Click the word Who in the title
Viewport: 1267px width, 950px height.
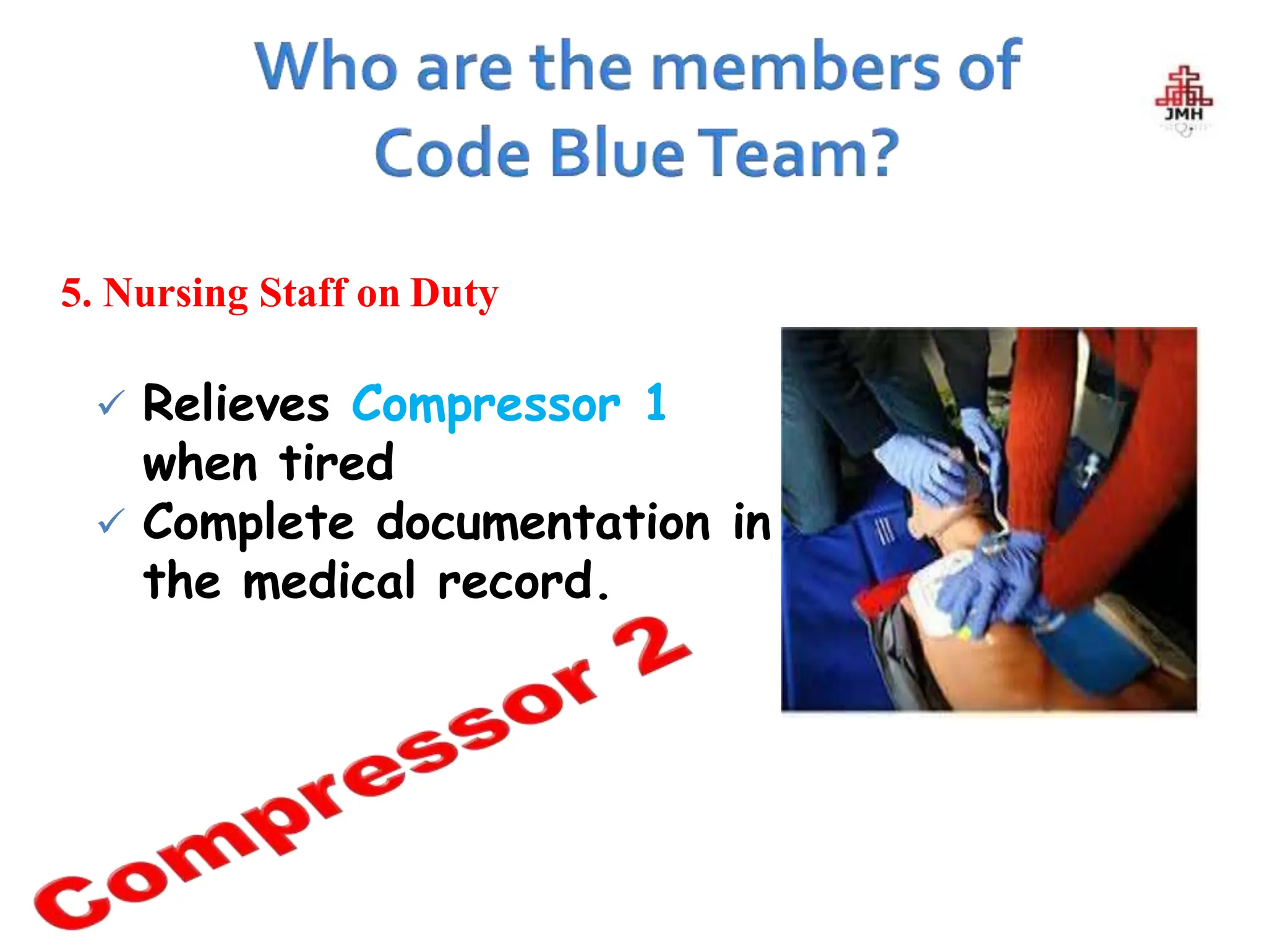point(326,67)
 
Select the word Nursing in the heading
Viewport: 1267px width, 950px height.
point(176,293)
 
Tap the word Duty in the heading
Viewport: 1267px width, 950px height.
point(454,293)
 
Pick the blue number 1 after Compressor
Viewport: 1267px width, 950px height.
point(656,403)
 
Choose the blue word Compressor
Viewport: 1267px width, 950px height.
point(486,405)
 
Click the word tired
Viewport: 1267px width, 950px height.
point(337,463)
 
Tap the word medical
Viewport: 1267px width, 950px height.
point(329,581)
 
